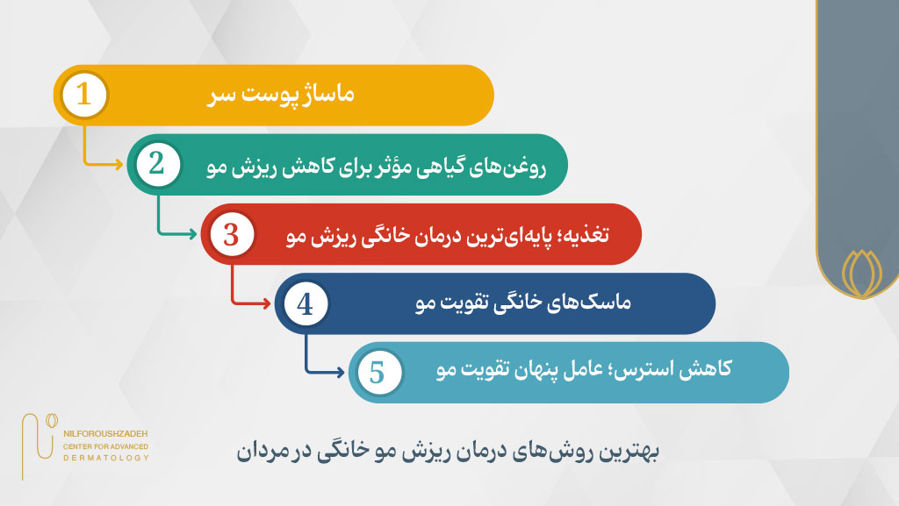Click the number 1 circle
[x=84, y=95]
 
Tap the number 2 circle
[x=157, y=164]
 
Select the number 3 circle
[x=231, y=234]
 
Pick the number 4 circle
[x=305, y=303]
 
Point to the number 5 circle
[x=378, y=373]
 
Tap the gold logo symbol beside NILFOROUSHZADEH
[x=40, y=433]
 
